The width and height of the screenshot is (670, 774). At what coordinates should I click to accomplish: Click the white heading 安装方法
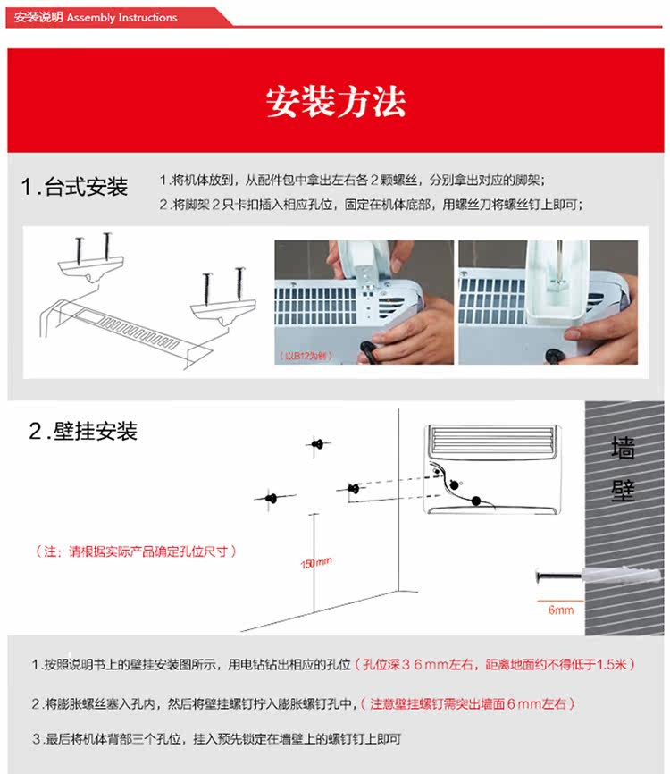335,101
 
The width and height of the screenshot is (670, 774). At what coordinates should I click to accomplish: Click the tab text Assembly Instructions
122,18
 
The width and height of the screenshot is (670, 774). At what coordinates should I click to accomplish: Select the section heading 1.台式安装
75,187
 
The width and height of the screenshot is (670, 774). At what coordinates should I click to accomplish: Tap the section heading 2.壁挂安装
83,432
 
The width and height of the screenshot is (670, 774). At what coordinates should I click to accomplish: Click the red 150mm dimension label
315,562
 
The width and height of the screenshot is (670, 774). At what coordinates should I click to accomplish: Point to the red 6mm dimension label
561,610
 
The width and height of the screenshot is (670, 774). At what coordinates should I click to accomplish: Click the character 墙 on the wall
623,448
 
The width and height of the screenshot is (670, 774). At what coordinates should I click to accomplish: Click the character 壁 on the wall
623,490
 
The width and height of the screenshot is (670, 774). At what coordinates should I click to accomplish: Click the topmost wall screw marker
317,443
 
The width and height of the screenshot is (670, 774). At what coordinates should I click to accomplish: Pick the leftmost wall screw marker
272,497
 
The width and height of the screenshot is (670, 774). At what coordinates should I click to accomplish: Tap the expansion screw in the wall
561,576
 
